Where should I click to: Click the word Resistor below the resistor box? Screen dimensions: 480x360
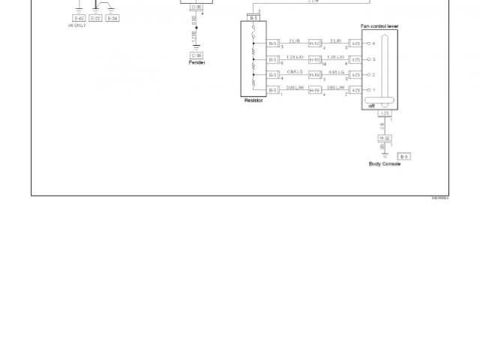pos(253,100)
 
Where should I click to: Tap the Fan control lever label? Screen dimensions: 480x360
pos(379,26)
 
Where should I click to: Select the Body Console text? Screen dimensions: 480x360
pos(385,164)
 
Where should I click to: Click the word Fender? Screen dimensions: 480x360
pos(196,62)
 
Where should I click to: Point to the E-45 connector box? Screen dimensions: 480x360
pos(79,18)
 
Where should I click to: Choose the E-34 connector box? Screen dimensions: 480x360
pos(112,18)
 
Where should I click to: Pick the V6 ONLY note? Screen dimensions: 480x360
pos(76,25)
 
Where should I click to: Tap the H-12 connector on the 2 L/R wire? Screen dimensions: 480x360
pos(315,43)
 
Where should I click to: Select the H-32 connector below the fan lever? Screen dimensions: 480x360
pos(385,138)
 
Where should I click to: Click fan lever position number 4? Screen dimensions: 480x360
pos(373,43)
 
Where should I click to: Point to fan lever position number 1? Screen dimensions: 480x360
pos(373,90)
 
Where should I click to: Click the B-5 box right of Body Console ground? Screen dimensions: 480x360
pos(404,156)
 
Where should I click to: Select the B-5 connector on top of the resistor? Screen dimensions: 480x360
pos(254,16)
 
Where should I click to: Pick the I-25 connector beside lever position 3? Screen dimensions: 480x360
pos(355,59)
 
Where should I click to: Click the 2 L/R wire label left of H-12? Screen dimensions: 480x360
pos(295,40)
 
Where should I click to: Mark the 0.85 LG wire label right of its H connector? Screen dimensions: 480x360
pos(336,72)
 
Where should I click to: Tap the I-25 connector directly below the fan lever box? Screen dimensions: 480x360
pos(385,113)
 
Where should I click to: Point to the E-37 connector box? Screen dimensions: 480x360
pos(96,18)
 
